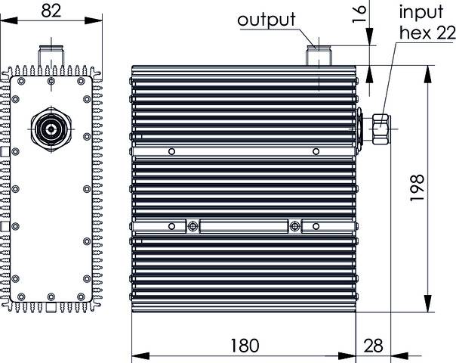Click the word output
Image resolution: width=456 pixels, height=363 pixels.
pyautogui.click(x=267, y=20)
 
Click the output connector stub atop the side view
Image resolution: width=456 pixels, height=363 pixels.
pyautogui.click(x=318, y=56)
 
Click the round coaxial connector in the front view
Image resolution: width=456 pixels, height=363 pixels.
pyautogui.click(x=51, y=130)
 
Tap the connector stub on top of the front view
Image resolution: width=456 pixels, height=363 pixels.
pyautogui.click(x=51, y=57)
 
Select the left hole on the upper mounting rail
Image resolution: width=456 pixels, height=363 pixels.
pyautogui.click(x=173, y=150)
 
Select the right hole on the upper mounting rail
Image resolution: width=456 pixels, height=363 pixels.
pyautogui.click(x=315, y=150)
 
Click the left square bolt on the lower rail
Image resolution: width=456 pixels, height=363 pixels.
pyautogui.click(x=193, y=226)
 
